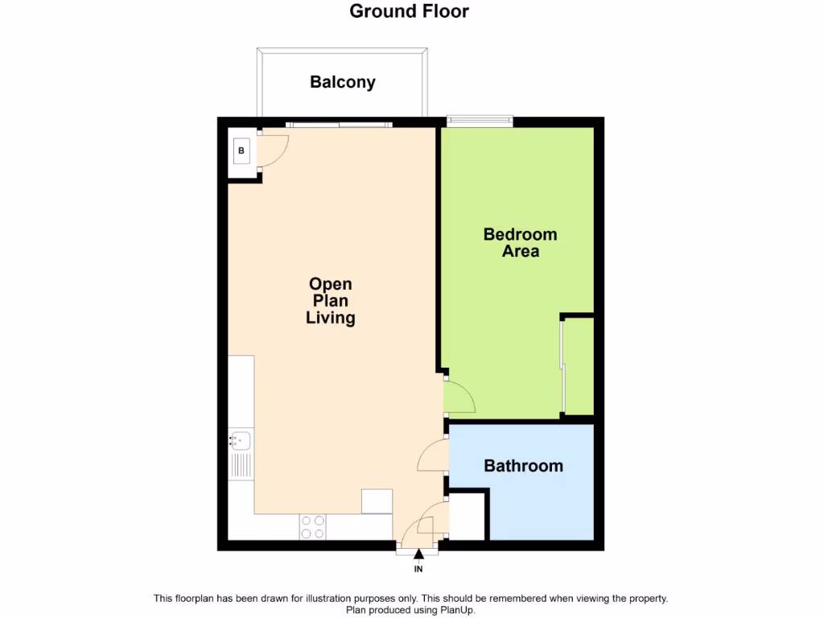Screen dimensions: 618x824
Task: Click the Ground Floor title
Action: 409,11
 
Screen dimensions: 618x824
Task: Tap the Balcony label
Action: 343,82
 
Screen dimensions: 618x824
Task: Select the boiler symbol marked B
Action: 241,150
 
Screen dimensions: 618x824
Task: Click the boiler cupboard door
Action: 273,150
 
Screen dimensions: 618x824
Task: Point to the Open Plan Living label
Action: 331,301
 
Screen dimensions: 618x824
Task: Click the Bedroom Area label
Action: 520,243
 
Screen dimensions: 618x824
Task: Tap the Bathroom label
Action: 523,466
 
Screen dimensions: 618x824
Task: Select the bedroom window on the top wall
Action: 480,122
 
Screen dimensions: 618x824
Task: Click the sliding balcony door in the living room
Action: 339,124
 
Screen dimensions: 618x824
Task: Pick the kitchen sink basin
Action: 241,440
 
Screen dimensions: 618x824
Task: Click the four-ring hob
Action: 313,527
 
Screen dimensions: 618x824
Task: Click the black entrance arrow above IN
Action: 418,553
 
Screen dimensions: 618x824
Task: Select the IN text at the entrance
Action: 418,570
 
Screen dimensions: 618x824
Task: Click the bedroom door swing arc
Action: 460,396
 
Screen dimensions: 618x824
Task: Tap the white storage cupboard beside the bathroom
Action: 467,517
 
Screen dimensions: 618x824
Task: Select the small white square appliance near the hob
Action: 377,501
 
